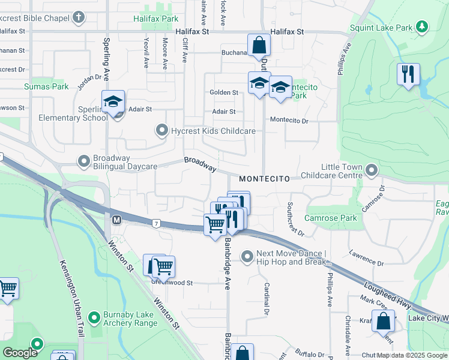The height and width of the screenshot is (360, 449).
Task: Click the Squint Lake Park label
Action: click(x=382, y=28)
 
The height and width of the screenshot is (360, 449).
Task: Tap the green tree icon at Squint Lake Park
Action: click(x=423, y=26)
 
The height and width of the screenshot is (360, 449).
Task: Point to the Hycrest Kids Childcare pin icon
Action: click(x=161, y=130)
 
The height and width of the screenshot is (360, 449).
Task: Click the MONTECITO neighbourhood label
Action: click(x=264, y=179)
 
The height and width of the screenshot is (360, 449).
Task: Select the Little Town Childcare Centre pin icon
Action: click(x=372, y=171)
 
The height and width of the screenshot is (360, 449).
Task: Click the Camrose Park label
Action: click(x=331, y=218)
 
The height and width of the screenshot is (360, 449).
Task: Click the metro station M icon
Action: click(x=117, y=220)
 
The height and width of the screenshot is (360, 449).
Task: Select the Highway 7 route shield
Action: click(x=155, y=223)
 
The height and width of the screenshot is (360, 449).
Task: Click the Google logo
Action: click(x=20, y=353)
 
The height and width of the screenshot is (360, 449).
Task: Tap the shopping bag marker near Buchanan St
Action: click(x=259, y=44)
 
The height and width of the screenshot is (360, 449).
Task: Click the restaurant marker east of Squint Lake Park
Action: click(x=408, y=74)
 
